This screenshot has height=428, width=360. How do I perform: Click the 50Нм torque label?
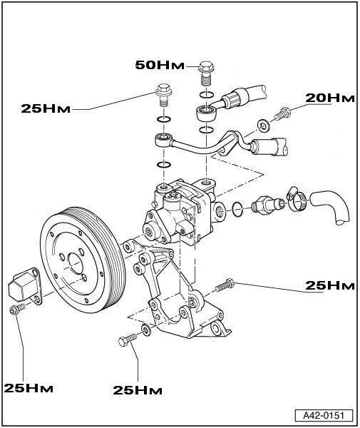(x=159, y=66)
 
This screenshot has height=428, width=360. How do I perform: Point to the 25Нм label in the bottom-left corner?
(x=28, y=388)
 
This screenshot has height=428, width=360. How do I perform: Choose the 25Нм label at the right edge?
(x=329, y=286)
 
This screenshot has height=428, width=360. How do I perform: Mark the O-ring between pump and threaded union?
(x=237, y=208)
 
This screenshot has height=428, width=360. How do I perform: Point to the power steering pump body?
(x=175, y=213)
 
